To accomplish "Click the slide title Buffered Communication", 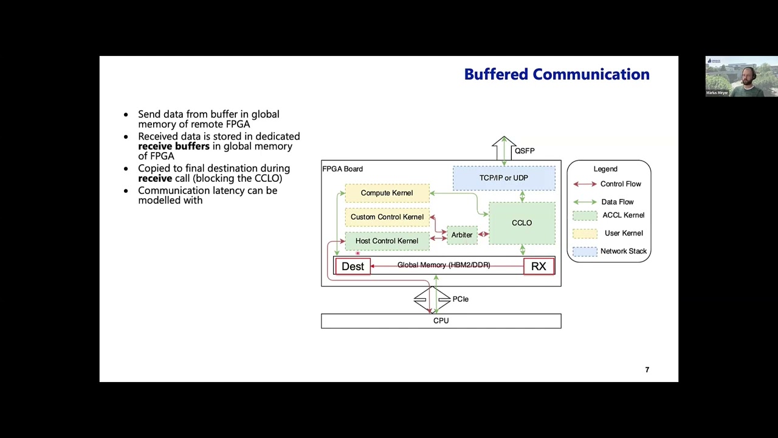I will (x=556, y=74).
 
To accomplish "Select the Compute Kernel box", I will (x=387, y=193).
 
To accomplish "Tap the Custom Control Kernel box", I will (x=387, y=217).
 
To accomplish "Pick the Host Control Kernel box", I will (x=387, y=241).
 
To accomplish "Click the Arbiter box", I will (x=462, y=235).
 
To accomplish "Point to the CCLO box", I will (x=522, y=223).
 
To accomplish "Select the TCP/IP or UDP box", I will (x=503, y=178).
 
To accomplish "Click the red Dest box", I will (x=353, y=266).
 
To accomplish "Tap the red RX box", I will (x=539, y=266).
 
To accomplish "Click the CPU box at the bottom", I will (x=441, y=321).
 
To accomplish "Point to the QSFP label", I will (x=525, y=151).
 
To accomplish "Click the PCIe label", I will (x=460, y=299).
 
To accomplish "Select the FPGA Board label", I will (x=342, y=169).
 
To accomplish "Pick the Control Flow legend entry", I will (x=620, y=184).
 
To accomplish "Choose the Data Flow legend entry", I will (x=617, y=202).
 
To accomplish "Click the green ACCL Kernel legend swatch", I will (x=585, y=215).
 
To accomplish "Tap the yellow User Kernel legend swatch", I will (x=585, y=233).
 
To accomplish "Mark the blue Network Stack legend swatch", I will (x=585, y=251).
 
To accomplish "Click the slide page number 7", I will (x=647, y=370).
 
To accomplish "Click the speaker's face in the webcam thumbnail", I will (x=746, y=75).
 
